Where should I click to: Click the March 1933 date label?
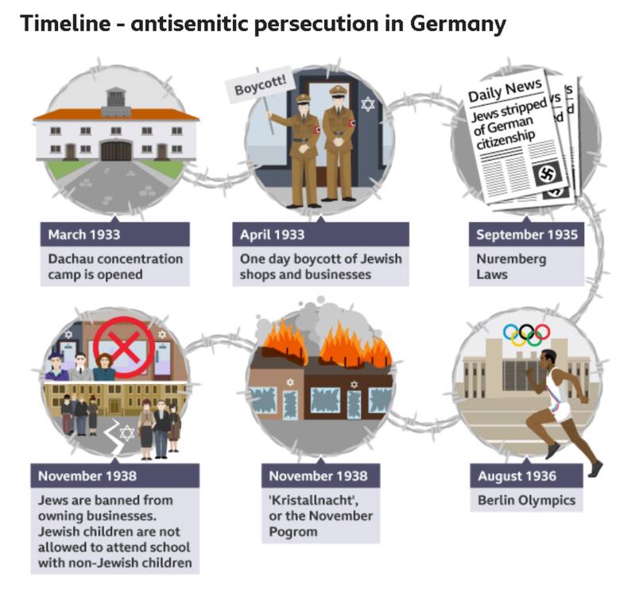[x=85, y=235]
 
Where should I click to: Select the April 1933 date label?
[x=273, y=235]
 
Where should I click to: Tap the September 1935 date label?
[x=526, y=235]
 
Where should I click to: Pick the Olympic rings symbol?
[x=526, y=335]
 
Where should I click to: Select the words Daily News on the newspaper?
[x=505, y=90]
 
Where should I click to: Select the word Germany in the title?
[x=458, y=24]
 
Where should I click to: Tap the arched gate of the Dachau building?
[x=116, y=150]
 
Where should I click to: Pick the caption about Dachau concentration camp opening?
[x=116, y=266]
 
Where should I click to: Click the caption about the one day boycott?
[x=321, y=266]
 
